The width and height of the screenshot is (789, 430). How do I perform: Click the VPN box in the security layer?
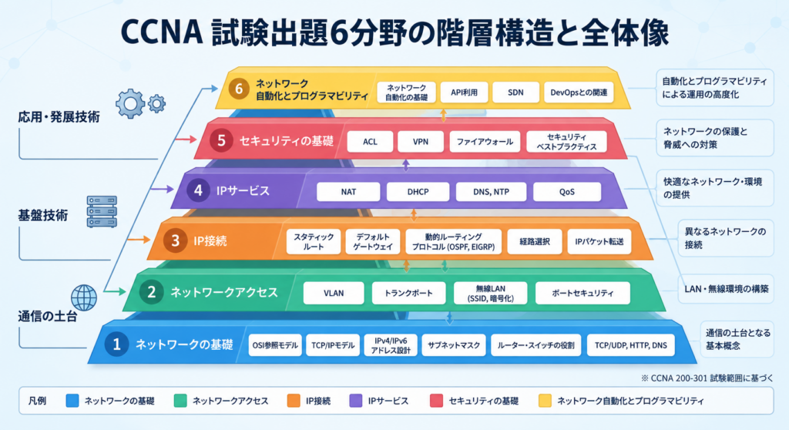pos(421,142)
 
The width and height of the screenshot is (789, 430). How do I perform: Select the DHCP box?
pos(418,192)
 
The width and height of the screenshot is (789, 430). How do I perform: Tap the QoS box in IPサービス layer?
pos(566,192)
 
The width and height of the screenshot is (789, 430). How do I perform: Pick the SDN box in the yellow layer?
pos(515,92)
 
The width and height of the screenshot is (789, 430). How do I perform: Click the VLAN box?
pos(334,293)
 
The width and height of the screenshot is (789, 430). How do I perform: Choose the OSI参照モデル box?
pos(275,345)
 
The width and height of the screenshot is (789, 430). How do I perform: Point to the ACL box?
pos(370,142)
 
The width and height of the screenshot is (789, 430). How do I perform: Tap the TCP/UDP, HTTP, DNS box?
pos(630,345)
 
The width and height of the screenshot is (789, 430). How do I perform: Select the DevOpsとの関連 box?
pos(579,92)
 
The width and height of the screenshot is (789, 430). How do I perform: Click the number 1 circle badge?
pos(117,344)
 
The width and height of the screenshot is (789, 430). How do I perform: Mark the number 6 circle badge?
pos(239,89)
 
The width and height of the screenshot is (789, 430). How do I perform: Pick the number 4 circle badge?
pos(198,190)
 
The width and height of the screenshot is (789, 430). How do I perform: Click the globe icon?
pos(84,297)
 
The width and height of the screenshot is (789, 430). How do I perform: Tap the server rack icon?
pos(102,211)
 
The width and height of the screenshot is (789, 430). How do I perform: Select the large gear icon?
pos(129,104)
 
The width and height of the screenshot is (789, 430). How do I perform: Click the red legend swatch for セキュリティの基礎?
pos(436,401)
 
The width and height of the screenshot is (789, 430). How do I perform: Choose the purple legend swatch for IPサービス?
pos(356,401)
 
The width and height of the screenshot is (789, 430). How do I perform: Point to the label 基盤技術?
pos(43,216)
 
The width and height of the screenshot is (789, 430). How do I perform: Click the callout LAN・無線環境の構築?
pos(726,289)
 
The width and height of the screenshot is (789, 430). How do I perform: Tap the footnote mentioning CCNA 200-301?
pos(707,378)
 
